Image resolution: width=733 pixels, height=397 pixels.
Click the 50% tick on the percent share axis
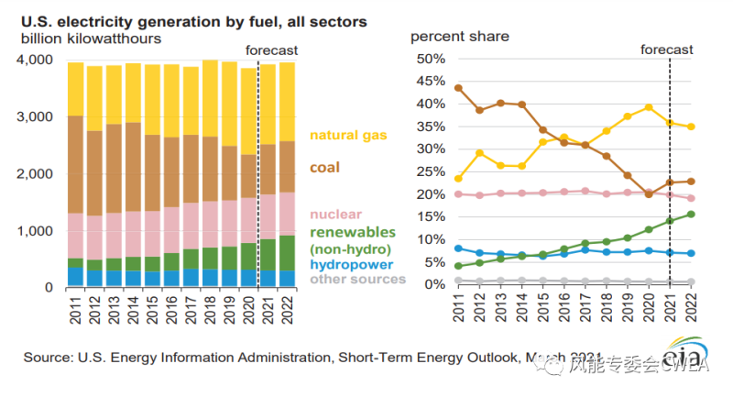click(431, 59)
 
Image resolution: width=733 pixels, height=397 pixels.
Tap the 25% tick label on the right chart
click(431, 171)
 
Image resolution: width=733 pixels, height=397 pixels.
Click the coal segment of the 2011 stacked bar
click(76, 164)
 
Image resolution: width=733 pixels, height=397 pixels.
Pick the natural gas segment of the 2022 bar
click(287, 101)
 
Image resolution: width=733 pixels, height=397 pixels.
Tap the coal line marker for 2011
click(458, 88)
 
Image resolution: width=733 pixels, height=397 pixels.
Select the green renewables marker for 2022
click(690, 215)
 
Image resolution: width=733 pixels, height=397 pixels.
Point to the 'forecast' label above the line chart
click(667, 50)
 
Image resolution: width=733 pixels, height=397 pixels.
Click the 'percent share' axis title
click(460, 37)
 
